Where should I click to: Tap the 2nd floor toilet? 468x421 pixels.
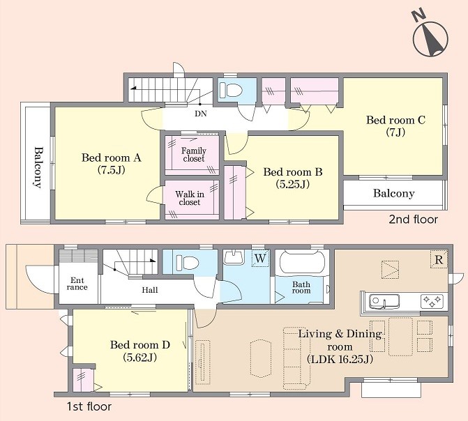click(230, 90)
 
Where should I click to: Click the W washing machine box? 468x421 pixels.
click(260, 258)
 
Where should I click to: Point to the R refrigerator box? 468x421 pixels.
click(439, 259)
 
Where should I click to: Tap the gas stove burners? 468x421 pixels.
click(432, 301)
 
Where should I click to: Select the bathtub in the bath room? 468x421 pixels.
click(302, 261)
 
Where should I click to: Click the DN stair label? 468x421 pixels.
click(201, 114)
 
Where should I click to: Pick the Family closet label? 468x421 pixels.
click(194, 155)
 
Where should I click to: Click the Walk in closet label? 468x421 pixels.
click(190, 198)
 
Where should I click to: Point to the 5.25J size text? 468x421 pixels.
click(292, 185)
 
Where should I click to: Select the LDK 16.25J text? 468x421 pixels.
click(340, 359)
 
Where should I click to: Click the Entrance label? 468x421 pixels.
click(77, 284)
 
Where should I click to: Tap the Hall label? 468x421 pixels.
click(150, 290)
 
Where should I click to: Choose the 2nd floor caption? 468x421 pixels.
click(413, 220)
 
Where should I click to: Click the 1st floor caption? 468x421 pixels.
click(89, 406)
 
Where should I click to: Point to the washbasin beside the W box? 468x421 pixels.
click(234, 257)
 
